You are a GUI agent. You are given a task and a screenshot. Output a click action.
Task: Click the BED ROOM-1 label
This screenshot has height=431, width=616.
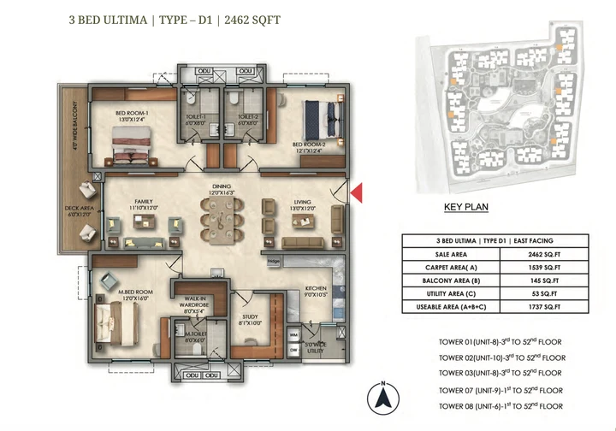pos(133,114)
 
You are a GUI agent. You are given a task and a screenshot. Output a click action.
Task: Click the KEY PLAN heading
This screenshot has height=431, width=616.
pos(465,207)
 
